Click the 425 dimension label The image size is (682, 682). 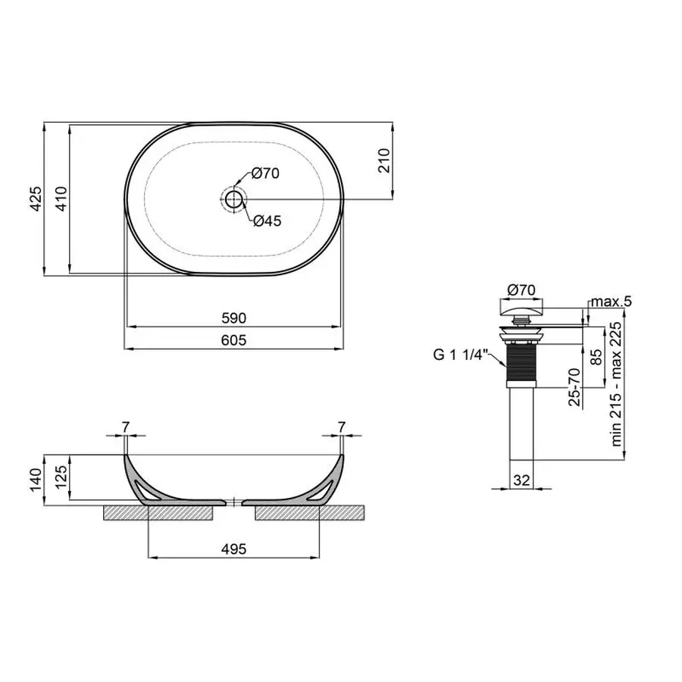pos(34,199)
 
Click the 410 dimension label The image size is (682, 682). pos(58,199)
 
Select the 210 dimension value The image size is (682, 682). pos(383,160)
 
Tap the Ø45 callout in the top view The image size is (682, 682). pos(267,221)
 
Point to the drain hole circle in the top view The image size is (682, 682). pos(234,199)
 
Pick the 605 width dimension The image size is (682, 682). pos(234,341)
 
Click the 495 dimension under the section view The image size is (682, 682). pos(234,549)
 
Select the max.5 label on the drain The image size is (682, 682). pos(611,302)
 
